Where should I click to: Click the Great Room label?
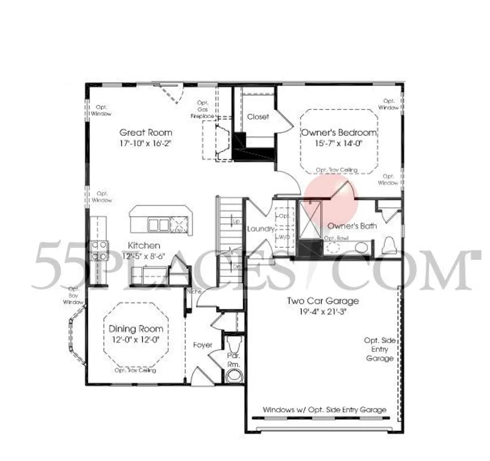[145, 132]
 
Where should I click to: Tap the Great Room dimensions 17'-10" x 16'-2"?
[145, 144]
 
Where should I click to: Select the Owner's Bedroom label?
[339, 133]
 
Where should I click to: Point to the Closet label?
[258, 117]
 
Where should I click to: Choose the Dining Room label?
[136, 329]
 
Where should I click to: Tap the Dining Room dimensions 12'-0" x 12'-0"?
[136, 340]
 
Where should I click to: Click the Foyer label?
[202, 345]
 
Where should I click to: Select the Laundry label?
[261, 229]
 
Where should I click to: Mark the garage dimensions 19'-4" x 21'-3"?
[323, 312]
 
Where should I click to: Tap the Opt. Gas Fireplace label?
[203, 109]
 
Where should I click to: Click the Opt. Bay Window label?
[72, 295]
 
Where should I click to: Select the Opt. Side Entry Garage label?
[379, 349]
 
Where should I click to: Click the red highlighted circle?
[332, 195]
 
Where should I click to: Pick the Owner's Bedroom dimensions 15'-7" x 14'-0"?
[339, 144]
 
